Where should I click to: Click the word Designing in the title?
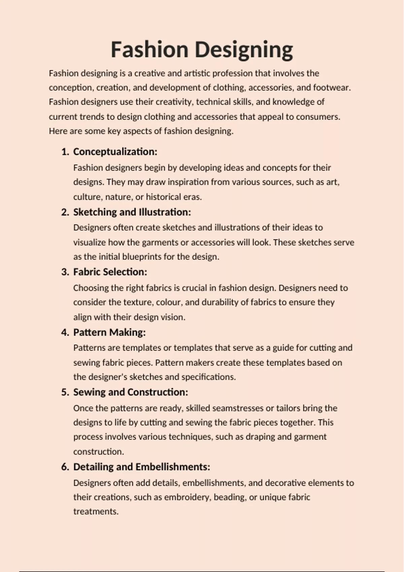tap(244, 50)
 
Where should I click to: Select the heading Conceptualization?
tap(115, 152)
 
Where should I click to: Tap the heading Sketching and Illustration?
tap(132, 212)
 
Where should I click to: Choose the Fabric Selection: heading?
tap(110, 272)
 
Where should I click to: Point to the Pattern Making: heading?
tap(109, 332)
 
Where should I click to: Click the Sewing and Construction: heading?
tap(131, 392)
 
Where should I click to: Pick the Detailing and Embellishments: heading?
tap(142, 467)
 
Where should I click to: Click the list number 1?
tap(65, 152)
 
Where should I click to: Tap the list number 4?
tap(65, 332)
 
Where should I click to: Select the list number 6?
tap(65, 467)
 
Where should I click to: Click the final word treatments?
tap(96, 511)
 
